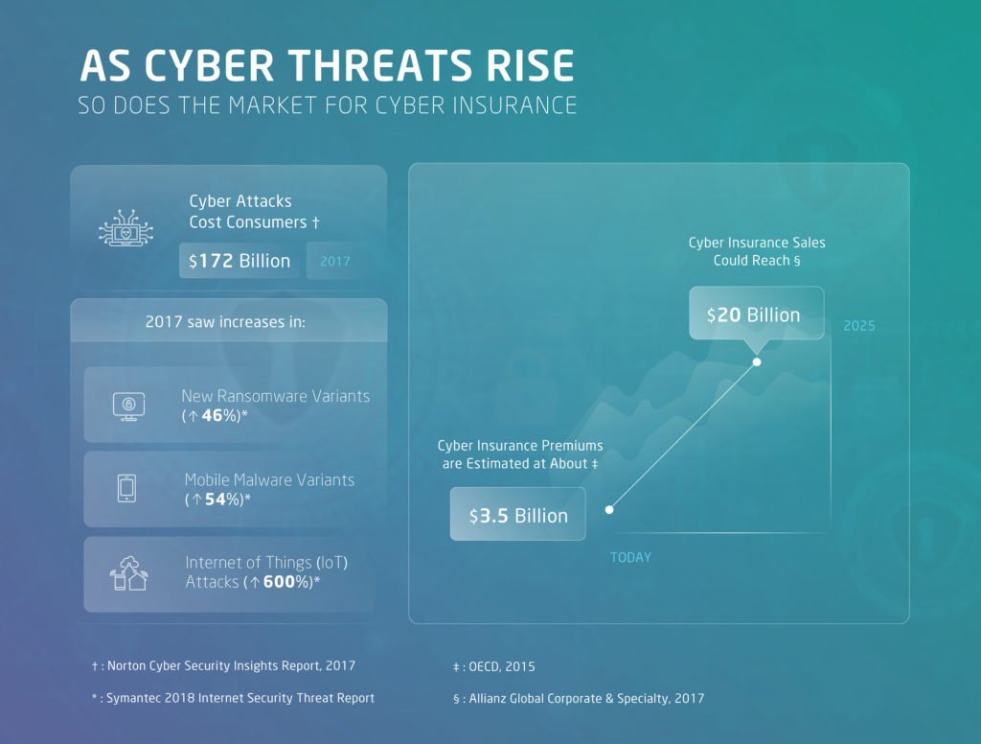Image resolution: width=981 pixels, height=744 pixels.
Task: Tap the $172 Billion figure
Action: (x=240, y=261)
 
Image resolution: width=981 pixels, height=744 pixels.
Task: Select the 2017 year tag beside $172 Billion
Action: (x=335, y=261)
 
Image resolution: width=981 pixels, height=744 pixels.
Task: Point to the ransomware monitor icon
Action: (x=128, y=405)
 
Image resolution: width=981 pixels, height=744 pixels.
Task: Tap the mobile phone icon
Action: (x=126, y=488)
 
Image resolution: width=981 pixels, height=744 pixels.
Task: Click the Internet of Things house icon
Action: (x=129, y=572)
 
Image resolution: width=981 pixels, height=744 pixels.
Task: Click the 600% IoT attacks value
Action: (x=285, y=582)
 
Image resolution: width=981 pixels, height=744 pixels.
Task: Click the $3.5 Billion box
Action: (x=518, y=515)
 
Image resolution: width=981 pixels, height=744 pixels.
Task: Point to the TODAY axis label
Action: (x=630, y=557)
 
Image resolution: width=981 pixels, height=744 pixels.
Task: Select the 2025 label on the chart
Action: (x=859, y=326)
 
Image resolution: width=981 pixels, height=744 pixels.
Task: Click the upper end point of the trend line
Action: (x=757, y=361)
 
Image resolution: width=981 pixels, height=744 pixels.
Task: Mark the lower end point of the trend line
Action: (x=609, y=509)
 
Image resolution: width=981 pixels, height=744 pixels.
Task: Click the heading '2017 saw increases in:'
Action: (x=226, y=322)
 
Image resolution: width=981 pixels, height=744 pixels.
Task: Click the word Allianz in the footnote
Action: (x=491, y=698)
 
